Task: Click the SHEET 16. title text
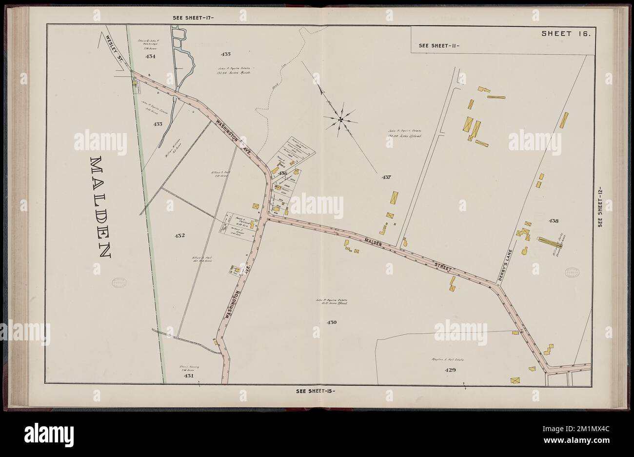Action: click(x=566, y=34)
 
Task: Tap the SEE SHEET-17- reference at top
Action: click(x=194, y=18)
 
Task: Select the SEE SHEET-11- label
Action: click(x=439, y=46)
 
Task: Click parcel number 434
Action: click(x=150, y=57)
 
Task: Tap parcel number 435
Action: click(x=225, y=53)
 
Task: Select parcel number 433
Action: click(x=158, y=124)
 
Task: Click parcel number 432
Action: click(x=179, y=236)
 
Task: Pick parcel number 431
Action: click(x=189, y=376)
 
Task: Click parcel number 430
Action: click(x=332, y=322)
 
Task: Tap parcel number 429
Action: click(x=450, y=370)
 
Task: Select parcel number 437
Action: click(x=387, y=177)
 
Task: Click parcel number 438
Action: click(x=553, y=220)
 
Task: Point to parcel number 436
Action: click(x=283, y=173)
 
